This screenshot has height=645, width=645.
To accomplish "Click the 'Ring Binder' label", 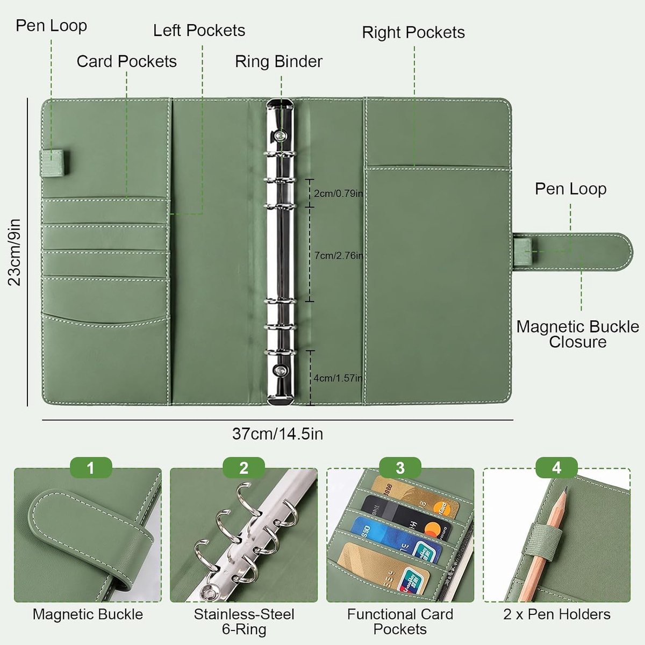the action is [278, 62].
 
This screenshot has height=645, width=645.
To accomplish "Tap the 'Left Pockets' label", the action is [199, 31].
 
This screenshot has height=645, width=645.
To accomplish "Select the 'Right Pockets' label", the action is [413, 32].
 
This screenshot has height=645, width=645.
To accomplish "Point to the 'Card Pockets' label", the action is [126, 62].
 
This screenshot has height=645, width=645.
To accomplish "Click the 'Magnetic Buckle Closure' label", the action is [578, 334].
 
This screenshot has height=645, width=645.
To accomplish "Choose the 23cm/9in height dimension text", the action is [15, 252].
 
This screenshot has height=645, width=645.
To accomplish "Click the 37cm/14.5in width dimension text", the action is [278, 434].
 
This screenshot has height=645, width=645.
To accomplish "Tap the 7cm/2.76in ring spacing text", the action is [339, 256].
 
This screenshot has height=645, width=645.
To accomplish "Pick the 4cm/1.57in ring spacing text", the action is [338, 378].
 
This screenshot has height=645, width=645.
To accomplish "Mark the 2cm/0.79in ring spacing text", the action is [339, 193].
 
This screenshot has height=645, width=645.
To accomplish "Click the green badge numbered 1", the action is [91, 468].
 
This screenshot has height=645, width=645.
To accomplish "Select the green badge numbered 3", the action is [400, 468].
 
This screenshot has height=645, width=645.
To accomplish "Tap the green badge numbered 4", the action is [557, 468].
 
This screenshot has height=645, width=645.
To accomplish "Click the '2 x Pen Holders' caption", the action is [557, 614].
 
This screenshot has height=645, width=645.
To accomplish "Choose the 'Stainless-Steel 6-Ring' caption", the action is [244, 621].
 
